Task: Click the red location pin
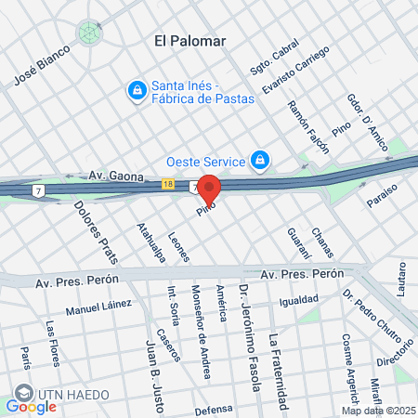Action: tap(209, 189)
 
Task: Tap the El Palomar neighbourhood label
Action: tap(191, 41)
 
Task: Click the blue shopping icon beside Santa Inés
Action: tap(137, 90)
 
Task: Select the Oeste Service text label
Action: tap(205, 160)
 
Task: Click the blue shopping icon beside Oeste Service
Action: tap(260, 160)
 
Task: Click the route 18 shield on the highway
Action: tap(167, 185)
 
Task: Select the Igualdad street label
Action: tap(298, 300)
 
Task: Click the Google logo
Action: tap(31, 406)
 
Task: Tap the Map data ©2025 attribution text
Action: tap(377, 411)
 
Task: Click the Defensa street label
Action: tap(213, 409)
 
